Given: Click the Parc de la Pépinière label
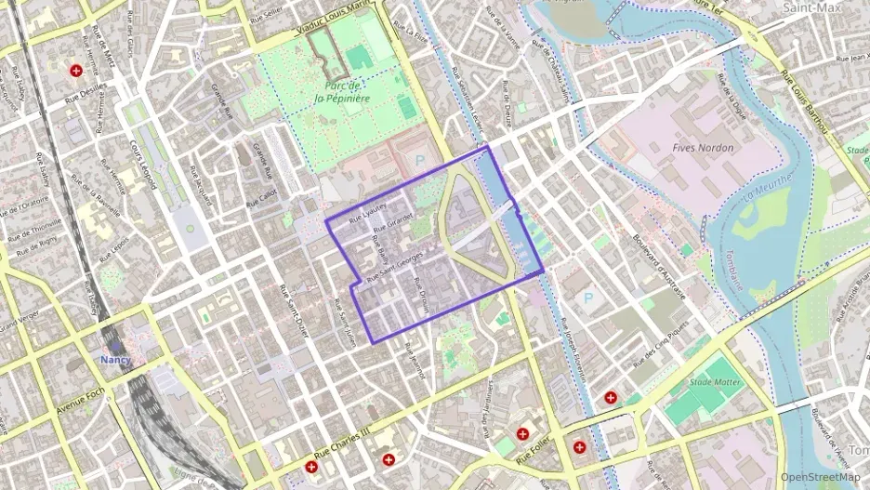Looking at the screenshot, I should point(342,91).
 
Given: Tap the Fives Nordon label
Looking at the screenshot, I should point(703,148).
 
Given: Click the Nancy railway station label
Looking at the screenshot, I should point(116,360).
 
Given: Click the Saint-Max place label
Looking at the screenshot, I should point(811,7).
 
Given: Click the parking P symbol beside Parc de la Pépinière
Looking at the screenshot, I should point(419,160).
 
